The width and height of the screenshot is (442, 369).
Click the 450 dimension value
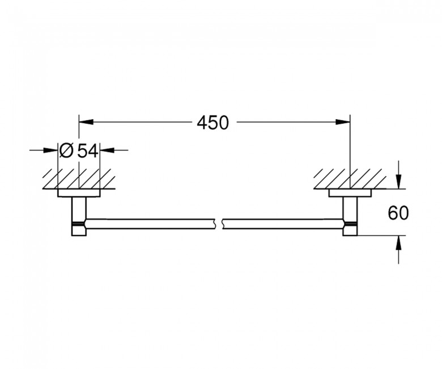point(212,122)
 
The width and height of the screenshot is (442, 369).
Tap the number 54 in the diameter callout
point(88,150)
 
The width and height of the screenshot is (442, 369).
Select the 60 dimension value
point(399,213)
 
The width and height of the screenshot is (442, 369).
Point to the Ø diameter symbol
point(66,150)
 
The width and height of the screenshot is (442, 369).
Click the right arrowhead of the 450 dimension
point(343,121)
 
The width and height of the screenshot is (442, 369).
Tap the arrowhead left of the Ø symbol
point(52,150)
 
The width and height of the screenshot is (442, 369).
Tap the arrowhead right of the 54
point(106,150)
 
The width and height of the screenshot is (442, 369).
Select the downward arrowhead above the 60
point(399,182)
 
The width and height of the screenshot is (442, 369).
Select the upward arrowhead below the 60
point(399,242)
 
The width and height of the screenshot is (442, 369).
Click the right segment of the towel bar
point(283,224)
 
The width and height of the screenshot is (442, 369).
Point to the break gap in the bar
point(220,224)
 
